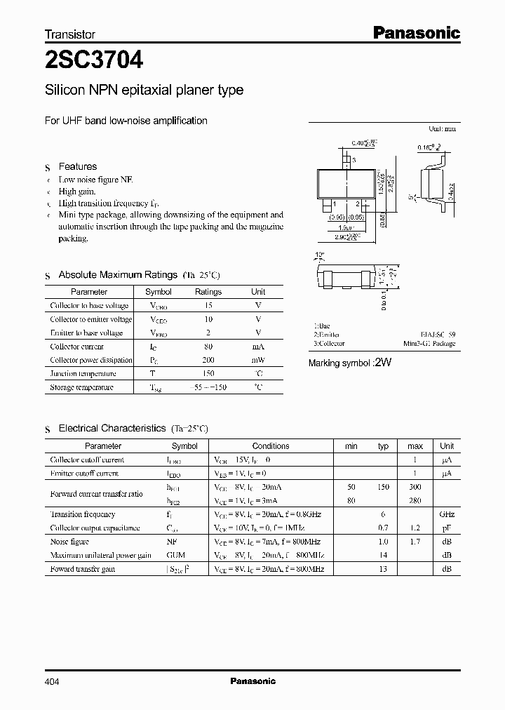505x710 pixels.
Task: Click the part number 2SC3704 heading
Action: tap(95, 61)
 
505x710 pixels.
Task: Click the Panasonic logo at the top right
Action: tap(415, 32)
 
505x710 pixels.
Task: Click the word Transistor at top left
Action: tap(70, 34)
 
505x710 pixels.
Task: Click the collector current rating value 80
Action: tap(208, 347)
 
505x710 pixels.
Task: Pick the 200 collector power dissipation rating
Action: tap(208, 360)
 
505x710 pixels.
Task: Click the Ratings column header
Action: tap(208, 292)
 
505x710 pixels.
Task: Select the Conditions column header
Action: tap(271, 446)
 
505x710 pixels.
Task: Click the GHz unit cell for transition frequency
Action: tap(447, 514)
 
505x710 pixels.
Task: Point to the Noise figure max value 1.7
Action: tap(415, 542)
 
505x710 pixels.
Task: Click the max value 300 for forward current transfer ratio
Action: tap(415, 487)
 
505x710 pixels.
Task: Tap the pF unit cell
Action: tap(447, 528)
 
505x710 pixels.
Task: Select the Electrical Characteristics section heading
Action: tap(112, 428)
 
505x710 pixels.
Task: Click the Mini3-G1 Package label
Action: tap(429, 344)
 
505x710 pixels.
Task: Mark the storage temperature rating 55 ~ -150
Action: tap(208, 387)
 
